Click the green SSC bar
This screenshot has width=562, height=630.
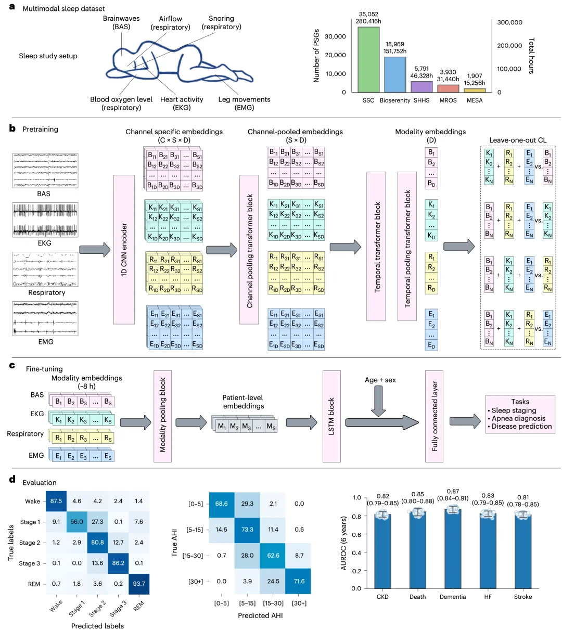(368, 59)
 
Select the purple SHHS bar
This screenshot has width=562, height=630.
(421, 86)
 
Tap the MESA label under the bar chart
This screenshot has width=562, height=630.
(475, 100)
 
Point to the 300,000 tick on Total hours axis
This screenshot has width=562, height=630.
(509, 22)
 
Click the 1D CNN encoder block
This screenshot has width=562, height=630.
(124, 249)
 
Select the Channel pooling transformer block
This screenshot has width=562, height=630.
(250, 249)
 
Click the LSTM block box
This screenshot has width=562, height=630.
(331, 416)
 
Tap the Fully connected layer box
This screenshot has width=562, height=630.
(434, 416)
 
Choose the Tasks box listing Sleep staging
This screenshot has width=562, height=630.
(520, 414)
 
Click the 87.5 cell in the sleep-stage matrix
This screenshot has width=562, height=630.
(56, 501)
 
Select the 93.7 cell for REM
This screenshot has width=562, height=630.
(138, 583)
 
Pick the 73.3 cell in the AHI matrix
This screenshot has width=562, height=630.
(247, 530)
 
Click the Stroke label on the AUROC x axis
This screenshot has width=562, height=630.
(523, 597)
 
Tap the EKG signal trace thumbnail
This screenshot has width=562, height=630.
(45, 220)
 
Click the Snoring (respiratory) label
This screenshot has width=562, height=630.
(222, 22)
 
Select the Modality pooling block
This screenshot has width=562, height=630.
(162, 416)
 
